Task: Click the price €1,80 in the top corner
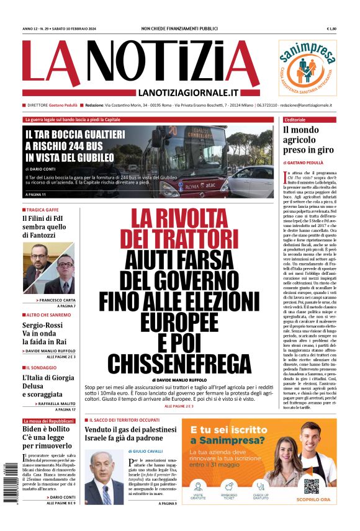pos(331,29)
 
